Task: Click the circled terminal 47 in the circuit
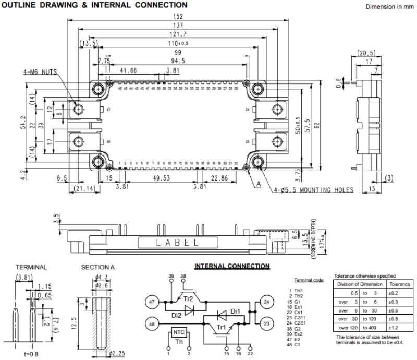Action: click(152, 302)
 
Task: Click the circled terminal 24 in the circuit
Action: click(266, 302)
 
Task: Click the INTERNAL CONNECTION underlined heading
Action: click(232, 266)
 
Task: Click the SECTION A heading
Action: click(98, 267)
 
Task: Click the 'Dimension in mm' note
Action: click(388, 7)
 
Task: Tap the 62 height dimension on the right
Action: click(330, 126)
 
